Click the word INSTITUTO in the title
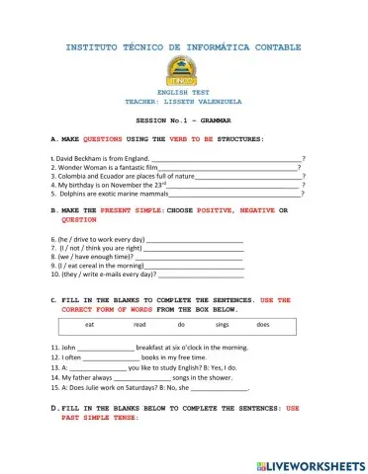click(x=97, y=46)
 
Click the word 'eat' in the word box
click(x=90, y=324)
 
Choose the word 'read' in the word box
click(x=139, y=324)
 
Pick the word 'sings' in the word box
click(x=222, y=324)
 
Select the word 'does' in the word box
click(x=263, y=324)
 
